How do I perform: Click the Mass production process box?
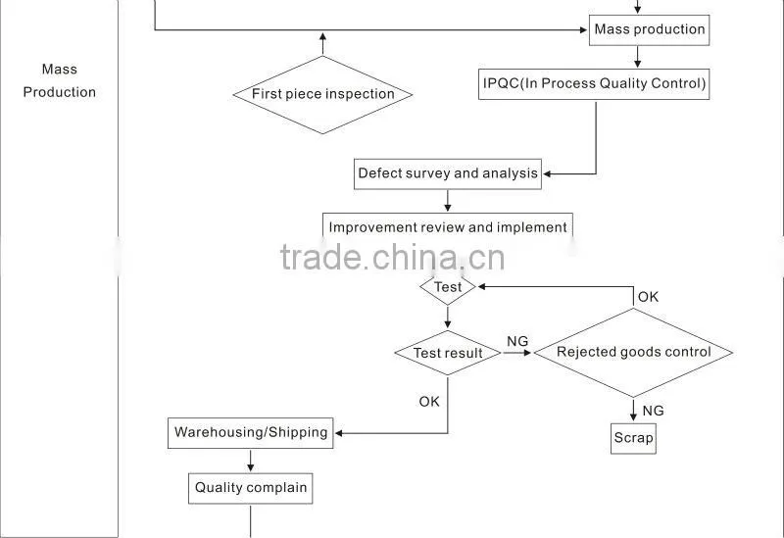coord(649,30)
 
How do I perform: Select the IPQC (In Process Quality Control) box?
coord(594,84)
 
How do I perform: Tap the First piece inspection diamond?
coord(323,94)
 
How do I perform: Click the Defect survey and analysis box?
coord(448,174)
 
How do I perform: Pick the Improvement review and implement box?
coord(448,226)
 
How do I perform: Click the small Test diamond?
coord(448,287)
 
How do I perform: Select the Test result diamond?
coord(448,353)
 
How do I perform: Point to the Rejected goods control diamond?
coord(633,353)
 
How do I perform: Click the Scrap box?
coord(633,438)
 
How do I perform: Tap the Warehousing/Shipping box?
coord(251,433)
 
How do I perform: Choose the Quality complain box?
coord(251,488)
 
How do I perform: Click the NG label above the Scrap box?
coord(653,411)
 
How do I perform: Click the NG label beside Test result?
coord(517,341)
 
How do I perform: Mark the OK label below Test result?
coord(429,402)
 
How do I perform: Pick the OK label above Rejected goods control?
coord(648,297)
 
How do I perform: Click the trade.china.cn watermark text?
coord(393,258)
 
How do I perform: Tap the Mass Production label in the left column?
coord(60,80)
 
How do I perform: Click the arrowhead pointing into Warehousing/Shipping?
coord(339,433)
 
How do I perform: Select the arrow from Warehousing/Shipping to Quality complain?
coord(251,460)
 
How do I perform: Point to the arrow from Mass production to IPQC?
coord(638,57)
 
